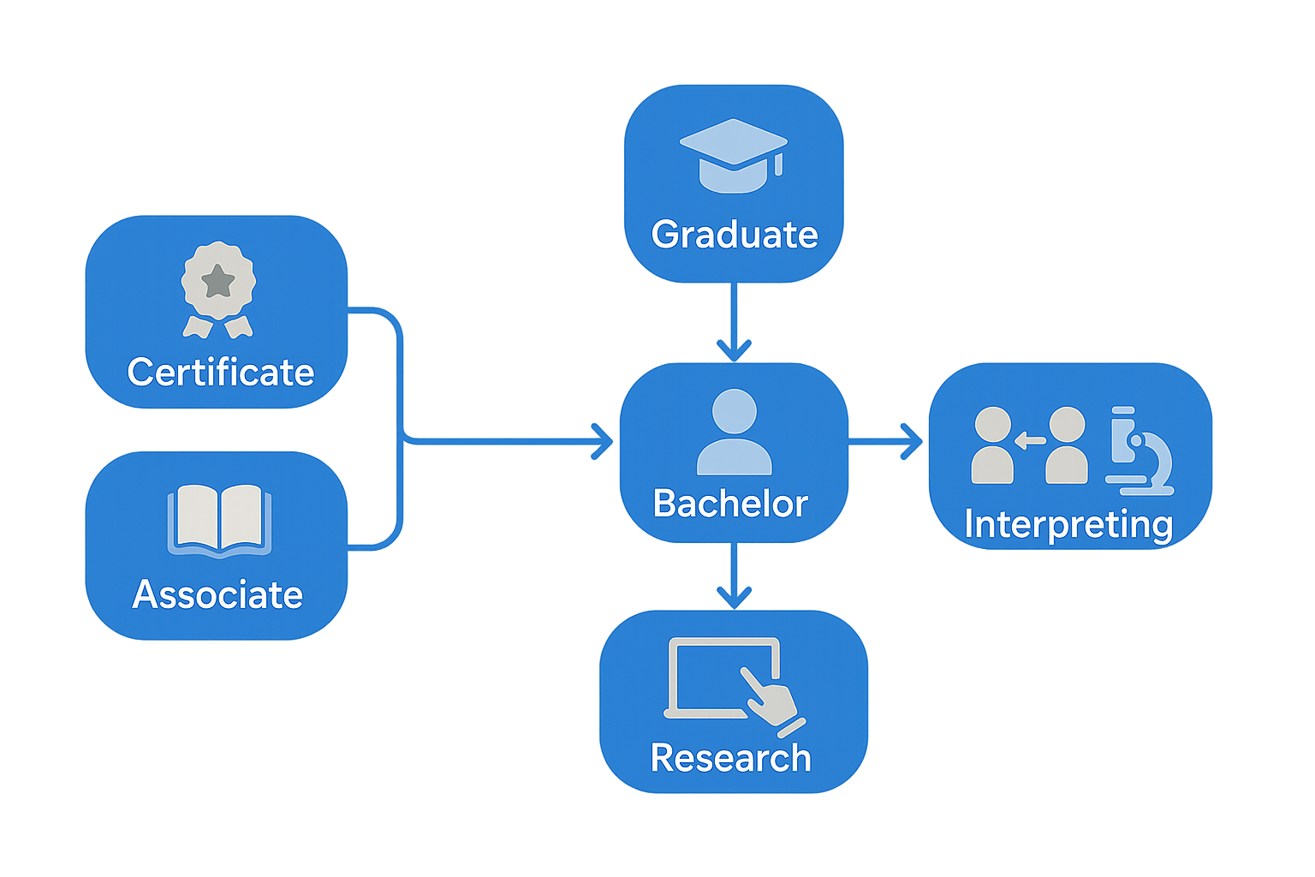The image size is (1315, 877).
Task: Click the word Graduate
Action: (734, 235)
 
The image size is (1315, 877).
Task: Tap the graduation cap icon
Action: (733, 154)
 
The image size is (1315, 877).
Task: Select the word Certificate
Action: (220, 373)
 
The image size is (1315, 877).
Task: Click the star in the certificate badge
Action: (218, 280)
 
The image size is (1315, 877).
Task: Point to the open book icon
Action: (219, 521)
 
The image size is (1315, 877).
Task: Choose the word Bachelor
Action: (729, 504)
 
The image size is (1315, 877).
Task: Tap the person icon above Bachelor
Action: (734, 432)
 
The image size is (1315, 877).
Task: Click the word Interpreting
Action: (1068, 524)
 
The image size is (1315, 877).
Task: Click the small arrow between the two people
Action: (1030, 441)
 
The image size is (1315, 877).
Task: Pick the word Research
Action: (730, 758)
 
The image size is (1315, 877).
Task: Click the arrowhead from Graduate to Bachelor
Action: (734, 351)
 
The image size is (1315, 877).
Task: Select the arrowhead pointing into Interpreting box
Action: (912, 442)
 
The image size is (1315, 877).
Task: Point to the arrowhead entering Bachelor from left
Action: (603, 442)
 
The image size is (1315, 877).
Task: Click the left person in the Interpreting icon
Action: (992, 445)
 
